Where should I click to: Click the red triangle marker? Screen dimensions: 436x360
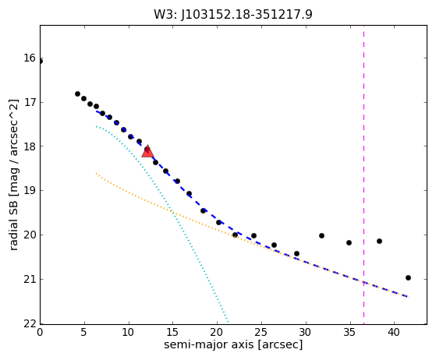(x=147, y=151)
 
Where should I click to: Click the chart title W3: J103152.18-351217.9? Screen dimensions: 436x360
(x=233, y=15)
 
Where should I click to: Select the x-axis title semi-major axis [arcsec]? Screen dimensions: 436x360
(x=233, y=344)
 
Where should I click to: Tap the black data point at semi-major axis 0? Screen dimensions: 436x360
(x=40, y=61)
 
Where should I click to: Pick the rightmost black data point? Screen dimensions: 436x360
(x=408, y=277)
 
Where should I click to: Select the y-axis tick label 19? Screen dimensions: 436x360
(x=30, y=191)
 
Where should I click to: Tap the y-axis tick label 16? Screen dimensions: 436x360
(x=30, y=58)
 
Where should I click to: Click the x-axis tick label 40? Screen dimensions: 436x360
(x=394, y=332)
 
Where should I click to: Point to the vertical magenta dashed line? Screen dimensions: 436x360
(x=363, y=175)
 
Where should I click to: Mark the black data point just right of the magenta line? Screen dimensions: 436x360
(x=379, y=241)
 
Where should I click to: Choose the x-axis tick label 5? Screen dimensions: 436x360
(x=84, y=332)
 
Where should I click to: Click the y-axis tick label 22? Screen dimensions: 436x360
(x=30, y=323)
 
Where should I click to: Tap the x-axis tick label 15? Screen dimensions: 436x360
(x=172, y=332)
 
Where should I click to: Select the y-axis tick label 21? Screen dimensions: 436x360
(x=30, y=279)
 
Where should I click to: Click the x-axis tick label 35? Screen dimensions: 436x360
(x=349, y=332)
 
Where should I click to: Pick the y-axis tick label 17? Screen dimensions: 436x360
(x=30, y=102)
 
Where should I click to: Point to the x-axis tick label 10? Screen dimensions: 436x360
(x=129, y=332)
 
